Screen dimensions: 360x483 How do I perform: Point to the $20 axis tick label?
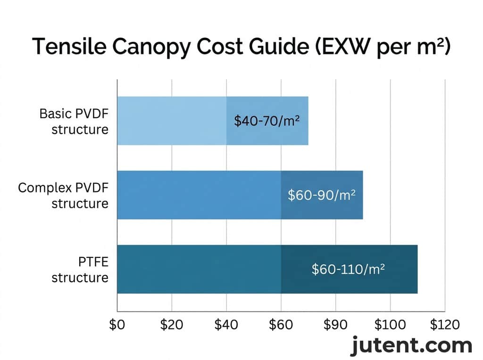[x=172, y=325]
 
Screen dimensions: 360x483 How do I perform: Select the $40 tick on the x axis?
[x=226, y=325]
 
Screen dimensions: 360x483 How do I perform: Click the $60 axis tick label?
[x=281, y=325]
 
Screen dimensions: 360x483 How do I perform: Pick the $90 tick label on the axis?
[x=335, y=325]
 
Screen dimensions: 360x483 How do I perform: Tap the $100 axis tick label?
[x=390, y=325]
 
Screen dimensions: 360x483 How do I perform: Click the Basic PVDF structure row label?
[x=74, y=122]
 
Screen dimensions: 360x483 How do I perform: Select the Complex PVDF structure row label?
[x=63, y=196]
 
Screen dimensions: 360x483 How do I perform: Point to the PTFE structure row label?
[x=80, y=270]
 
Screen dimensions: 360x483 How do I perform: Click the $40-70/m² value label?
[x=267, y=121]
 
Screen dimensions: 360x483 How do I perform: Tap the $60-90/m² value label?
[x=322, y=195]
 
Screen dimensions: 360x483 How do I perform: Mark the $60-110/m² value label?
[x=349, y=269]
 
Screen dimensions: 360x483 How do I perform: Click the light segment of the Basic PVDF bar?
[x=172, y=121]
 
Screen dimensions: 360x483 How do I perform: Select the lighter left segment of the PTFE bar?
[x=199, y=269]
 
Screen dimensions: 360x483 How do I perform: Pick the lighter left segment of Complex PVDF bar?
[x=199, y=195]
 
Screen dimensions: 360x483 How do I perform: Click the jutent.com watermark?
[x=411, y=345]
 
